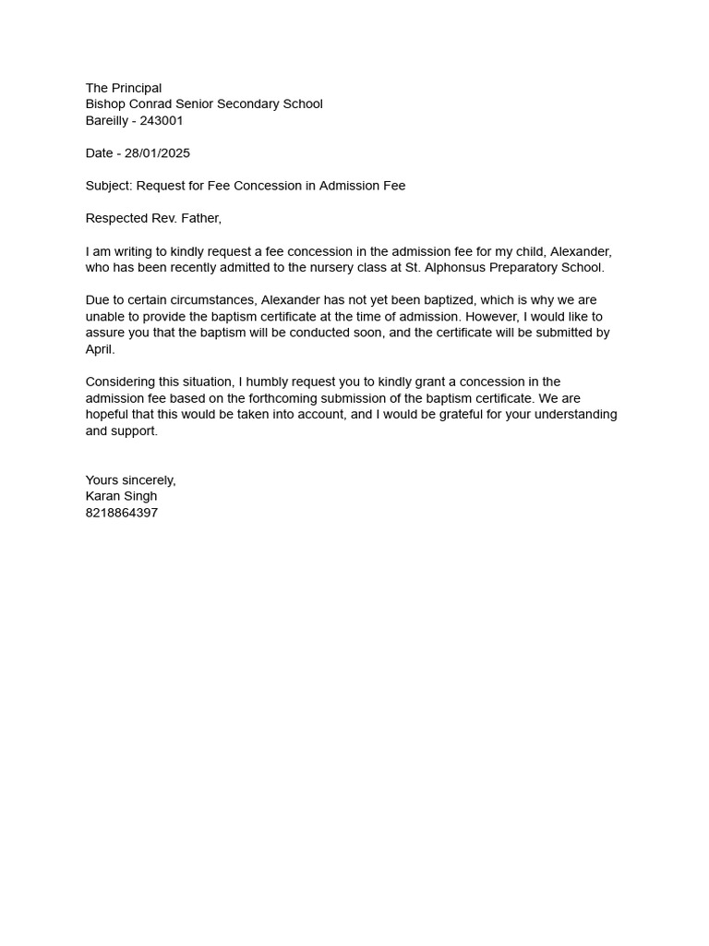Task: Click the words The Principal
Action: tap(124, 88)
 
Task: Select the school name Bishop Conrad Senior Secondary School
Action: tap(204, 104)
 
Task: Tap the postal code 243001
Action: tap(162, 121)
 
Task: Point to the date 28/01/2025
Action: tap(157, 153)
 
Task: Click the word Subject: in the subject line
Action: tap(109, 186)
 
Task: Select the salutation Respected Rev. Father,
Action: tap(153, 219)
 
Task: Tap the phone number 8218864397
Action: tap(122, 513)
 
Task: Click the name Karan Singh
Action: tap(121, 496)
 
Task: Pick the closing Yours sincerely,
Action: tap(130, 480)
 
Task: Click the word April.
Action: tap(100, 349)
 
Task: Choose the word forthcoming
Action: tap(285, 398)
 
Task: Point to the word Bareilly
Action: tap(106, 121)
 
